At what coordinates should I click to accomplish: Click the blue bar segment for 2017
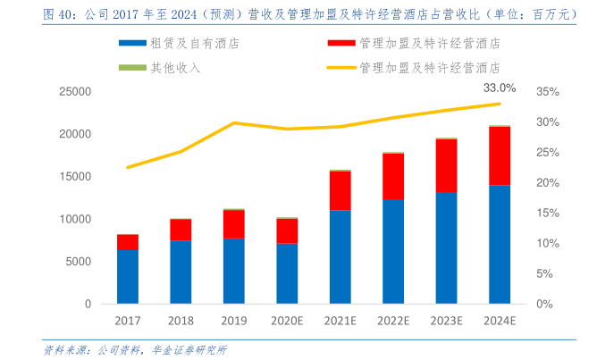point(128,276)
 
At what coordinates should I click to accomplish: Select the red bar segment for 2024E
point(499,155)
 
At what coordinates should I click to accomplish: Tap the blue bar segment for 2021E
point(340,256)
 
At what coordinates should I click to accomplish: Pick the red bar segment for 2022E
point(393,176)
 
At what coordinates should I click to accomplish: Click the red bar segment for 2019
point(234,224)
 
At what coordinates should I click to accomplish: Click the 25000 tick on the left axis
point(76,91)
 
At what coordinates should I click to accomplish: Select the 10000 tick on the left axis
point(76,219)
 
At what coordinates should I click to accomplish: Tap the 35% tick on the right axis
point(548,91)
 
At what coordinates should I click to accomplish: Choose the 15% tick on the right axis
point(548,213)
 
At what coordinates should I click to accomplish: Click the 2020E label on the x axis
point(287,320)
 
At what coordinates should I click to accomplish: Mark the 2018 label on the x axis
point(181,320)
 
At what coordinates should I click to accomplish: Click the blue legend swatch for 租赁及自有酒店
point(132,43)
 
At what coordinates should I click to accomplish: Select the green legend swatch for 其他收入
point(132,67)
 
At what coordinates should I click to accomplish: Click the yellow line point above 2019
point(234,122)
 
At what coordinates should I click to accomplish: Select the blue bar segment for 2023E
point(446,247)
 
